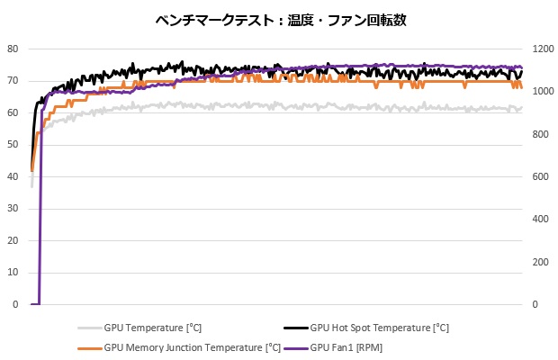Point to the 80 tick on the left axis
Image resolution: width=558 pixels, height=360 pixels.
pyautogui.click(x=13, y=49)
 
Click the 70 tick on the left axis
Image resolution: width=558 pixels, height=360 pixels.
pyautogui.click(x=13, y=81)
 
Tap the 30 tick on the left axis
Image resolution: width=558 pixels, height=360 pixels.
pyautogui.click(x=13, y=209)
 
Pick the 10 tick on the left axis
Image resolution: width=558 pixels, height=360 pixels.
pyautogui.click(x=13, y=273)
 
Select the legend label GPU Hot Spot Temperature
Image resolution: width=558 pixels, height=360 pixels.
pyautogui.click(x=379, y=328)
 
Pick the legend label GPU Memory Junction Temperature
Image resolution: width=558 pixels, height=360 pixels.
pyautogui.click(x=193, y=346)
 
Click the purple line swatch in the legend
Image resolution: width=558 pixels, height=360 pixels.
pyautogui.click(x=295, y=346)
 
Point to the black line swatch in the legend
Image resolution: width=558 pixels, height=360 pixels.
pyautogui.click(x=295, y=328)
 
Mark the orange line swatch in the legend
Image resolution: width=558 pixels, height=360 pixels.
pyautogui.click(x=90, y=346)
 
